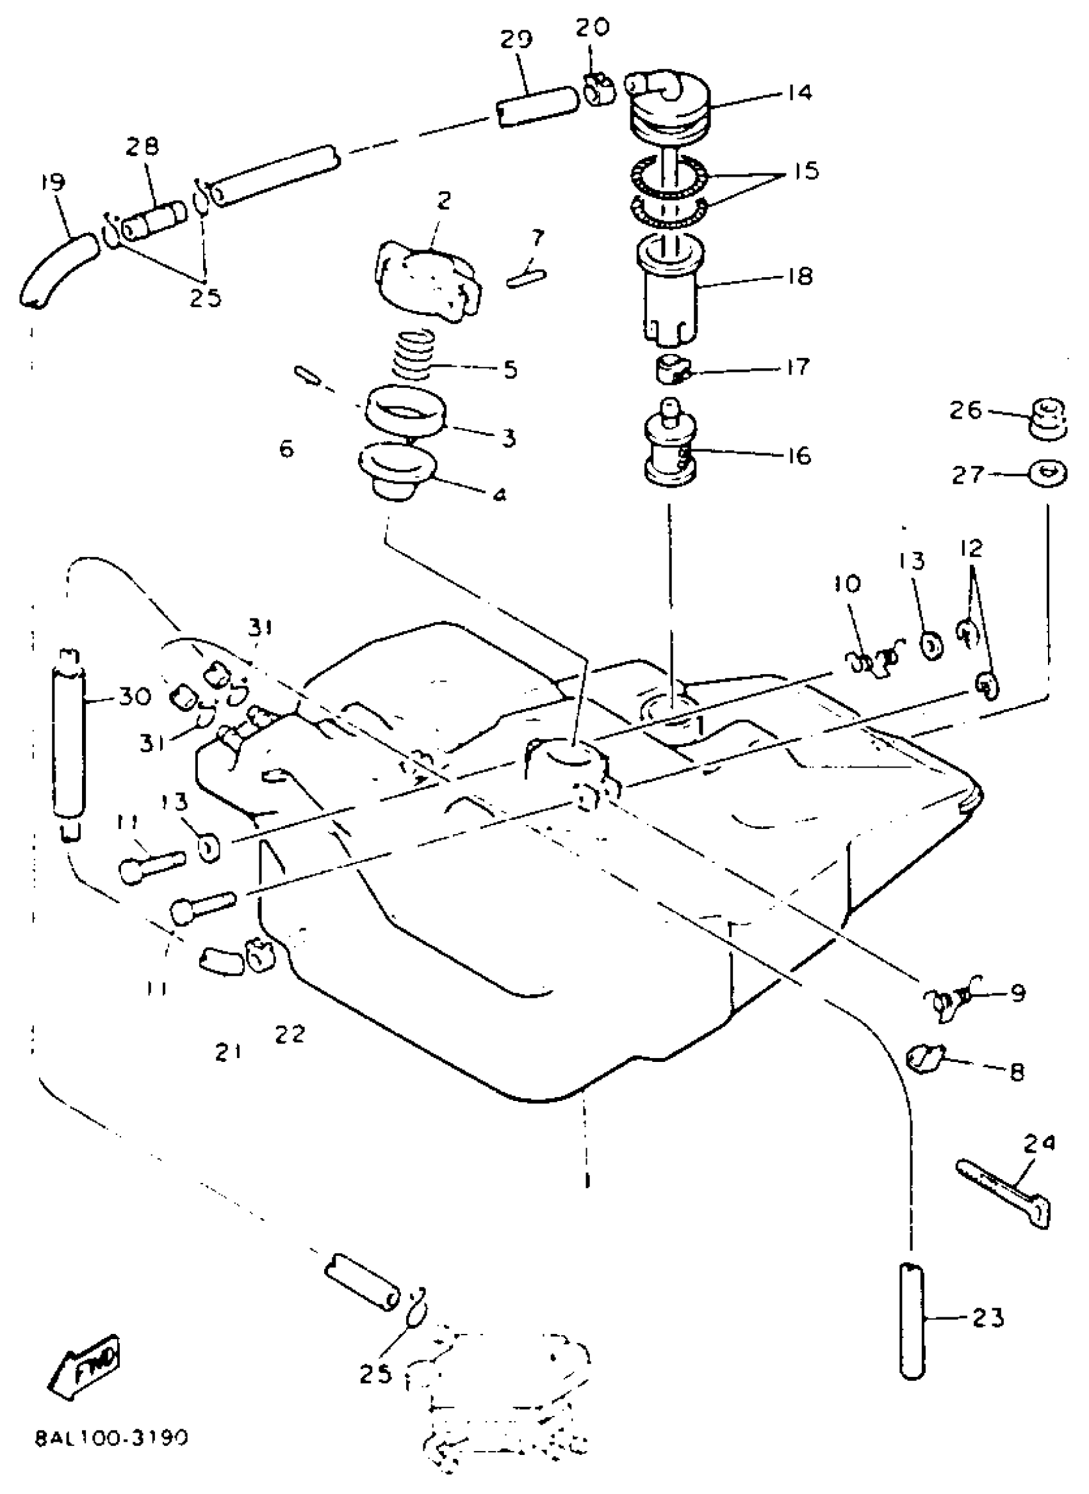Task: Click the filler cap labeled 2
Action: [x=427, y=280]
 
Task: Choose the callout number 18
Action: [x=799, y=277]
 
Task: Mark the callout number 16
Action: [x=799, y=456]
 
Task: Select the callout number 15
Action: [x=806, y=172]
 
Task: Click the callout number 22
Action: [x=290, y=1035]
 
